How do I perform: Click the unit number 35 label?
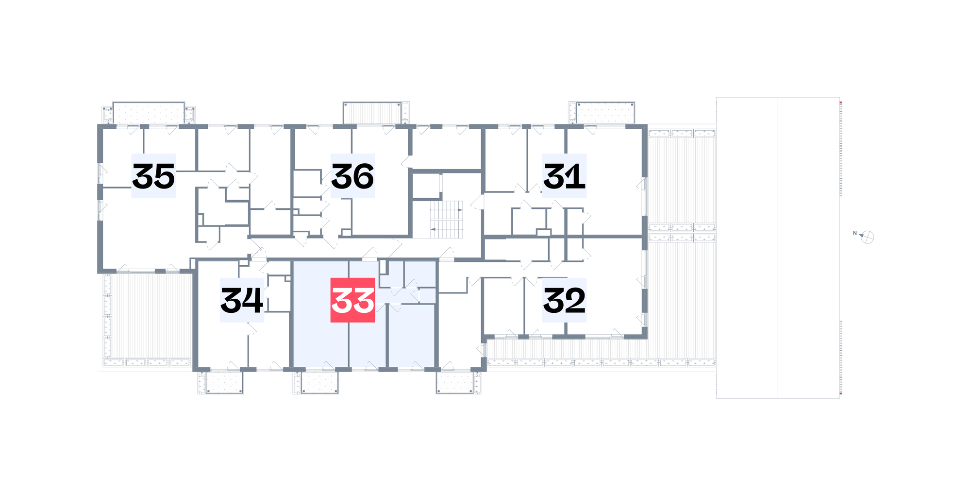coord(153,176)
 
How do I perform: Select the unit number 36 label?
coord(352,176)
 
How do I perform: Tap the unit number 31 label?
coord(564,176)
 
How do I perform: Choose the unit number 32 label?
coord(564,300)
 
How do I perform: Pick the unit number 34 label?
coord(242,300)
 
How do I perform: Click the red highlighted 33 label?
coord(352,300)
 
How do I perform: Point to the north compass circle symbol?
coord(868,237)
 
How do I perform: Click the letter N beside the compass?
coord(855,233)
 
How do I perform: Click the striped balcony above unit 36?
coord(372,113)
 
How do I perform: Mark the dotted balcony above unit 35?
coord(149,113)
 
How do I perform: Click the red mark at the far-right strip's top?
coord(841,103)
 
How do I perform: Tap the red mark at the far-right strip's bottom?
coord(841,393)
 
